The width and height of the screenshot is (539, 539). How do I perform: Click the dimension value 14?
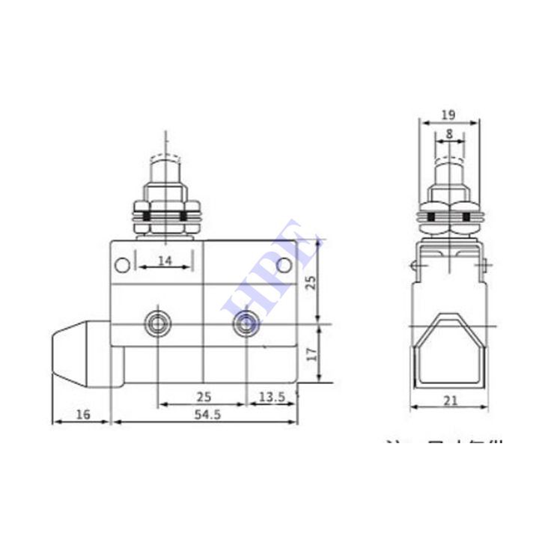(164, 261)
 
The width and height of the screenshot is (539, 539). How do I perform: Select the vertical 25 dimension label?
(312, 281)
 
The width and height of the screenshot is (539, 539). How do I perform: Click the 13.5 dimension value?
(271, 397)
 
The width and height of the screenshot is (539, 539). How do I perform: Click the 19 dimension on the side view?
(448, 115)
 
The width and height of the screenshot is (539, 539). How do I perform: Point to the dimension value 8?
(448, 133)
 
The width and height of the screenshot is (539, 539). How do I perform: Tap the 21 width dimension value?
(449, 401)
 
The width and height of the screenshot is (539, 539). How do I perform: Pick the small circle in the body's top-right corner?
(284, 264)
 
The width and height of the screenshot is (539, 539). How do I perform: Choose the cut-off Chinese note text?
(443, 445)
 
